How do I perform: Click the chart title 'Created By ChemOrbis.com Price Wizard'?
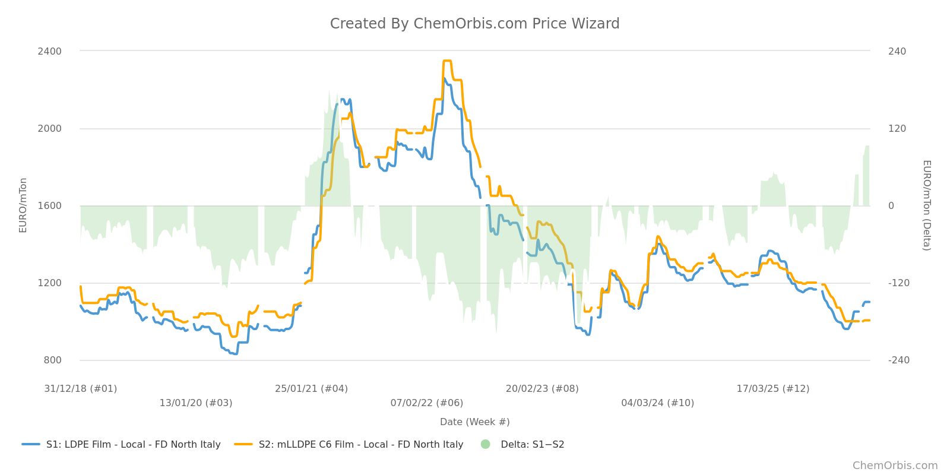click(474, 24)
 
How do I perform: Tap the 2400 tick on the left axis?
click(50, 51)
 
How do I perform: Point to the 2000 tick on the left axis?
click(50, 128)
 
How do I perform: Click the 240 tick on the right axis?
click(897, 51)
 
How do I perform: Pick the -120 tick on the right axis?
click(898, 283)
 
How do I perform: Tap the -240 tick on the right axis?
click(898, 360)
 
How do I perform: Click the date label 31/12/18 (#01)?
click(81, 389)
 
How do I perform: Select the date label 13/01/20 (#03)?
click(196, 403)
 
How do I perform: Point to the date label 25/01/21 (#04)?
click(311, 389)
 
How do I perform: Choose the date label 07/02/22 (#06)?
click(427, 403)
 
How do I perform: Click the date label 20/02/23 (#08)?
click(542, 389)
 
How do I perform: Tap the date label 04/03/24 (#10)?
click(658, 403)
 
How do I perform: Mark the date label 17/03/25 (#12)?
click(773, 389)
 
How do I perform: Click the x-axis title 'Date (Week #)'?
click(474, 422)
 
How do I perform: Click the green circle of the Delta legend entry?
click(486, 444)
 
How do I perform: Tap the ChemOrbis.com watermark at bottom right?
click(895, 465)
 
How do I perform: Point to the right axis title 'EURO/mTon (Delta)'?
click(926, 205)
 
